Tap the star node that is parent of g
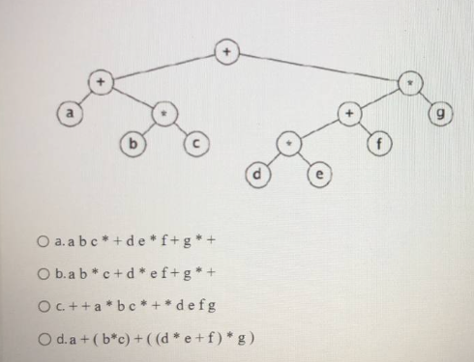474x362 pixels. (x=411, y=84)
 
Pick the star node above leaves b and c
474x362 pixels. (x=166, y=115)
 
